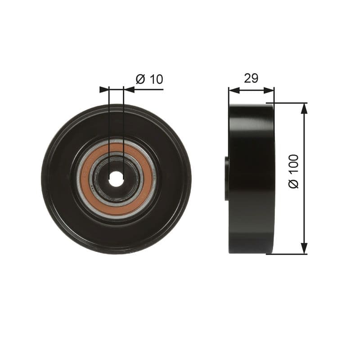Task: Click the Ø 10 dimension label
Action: click(149, 80)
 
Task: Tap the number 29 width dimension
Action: click(251, 78)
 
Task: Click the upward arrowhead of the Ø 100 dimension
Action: click(304, 108)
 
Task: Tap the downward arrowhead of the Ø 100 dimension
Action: click(304, 249)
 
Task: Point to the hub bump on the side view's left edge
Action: click(227, 178)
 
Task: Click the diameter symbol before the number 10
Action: click(140, 80)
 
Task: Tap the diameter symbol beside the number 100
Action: click(294, 184)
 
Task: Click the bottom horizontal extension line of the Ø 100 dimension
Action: click(288, 254)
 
